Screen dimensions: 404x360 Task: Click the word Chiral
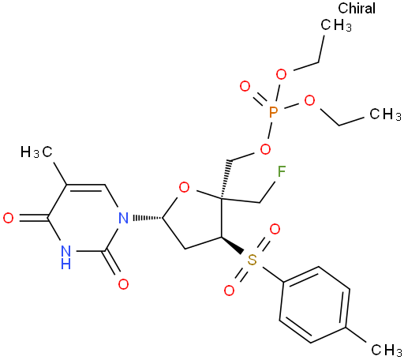(357, 8)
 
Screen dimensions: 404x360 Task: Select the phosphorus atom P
(274, 113)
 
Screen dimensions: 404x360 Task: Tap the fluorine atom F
(282, 171)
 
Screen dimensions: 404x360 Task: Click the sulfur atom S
(252, 260)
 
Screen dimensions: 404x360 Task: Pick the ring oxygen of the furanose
(184, 188)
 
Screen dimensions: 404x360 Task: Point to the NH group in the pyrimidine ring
(65, 257)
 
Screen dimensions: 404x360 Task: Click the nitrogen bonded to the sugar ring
(123, 218)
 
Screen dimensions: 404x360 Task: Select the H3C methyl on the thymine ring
(36, 152)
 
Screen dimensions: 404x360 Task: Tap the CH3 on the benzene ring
(386, 350)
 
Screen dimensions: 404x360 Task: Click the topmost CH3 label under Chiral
(336, 25)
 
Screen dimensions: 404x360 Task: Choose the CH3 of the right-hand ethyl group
(385, 114)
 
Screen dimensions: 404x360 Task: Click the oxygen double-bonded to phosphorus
(245, 86)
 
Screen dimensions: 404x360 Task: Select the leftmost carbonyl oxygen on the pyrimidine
(8, 218)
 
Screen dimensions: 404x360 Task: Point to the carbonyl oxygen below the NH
(123, 284)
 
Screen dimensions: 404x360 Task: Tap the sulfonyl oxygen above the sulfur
(275, 229)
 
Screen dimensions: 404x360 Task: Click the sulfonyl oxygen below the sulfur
(229, 291)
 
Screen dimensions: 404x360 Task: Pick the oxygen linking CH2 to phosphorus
(265, 149)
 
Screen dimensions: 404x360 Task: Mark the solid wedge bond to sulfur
(232, 246)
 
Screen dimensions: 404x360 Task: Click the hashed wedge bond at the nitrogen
(148, 218)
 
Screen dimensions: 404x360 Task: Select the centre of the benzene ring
(315, 305)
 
